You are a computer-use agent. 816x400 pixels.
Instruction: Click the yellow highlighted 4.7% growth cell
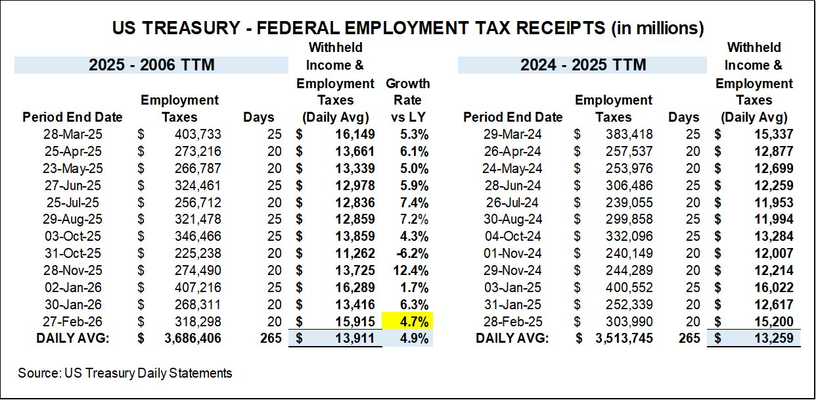click(407, 322)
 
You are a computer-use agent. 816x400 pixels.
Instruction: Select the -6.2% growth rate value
click(415, 253)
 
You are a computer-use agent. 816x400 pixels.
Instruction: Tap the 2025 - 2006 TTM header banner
click(152, 65)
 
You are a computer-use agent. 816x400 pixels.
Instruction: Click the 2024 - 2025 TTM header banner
click(583, 65)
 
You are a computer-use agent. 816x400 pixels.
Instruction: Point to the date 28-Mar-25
click(72, 134)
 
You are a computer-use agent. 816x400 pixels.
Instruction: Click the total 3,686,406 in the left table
click(191, 339)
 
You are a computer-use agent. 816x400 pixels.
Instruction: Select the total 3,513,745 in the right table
click(623, 339)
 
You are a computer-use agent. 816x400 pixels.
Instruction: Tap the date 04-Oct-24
click(512, 236)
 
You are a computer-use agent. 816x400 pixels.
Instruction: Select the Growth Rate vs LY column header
click(407, 101)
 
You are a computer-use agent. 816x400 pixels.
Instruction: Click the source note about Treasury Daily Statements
click(125, 373)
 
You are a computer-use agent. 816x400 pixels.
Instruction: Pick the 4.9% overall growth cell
click(415, 339)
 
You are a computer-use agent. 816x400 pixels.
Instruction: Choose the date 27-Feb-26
click(72, 322)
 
